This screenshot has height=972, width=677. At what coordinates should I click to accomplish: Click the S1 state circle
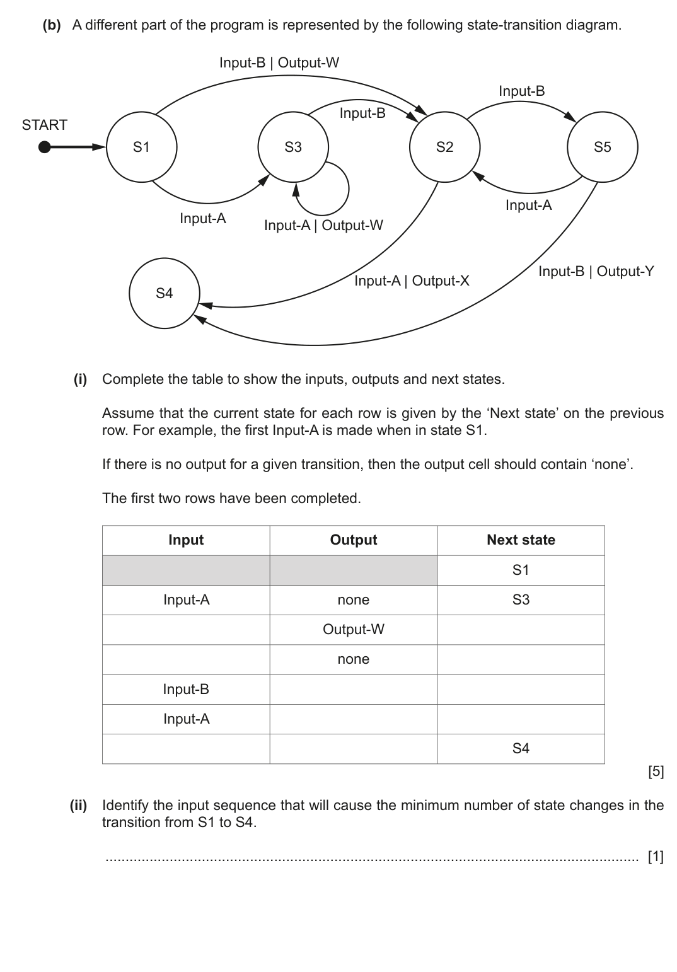(x=141, y=148)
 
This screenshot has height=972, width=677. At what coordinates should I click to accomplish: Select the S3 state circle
(x=293, y=148)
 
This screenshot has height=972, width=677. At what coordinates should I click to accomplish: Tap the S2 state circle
(x=444, y=148)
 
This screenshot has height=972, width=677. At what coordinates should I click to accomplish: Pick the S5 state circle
(x=602, y=148)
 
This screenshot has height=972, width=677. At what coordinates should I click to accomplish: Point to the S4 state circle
(x=164, y=293)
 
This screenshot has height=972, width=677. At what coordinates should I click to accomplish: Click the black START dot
(x=44, y=148)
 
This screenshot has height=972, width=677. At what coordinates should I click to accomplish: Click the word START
(x=44, y=125)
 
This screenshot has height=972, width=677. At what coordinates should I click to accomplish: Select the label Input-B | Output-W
(x=279, y=62)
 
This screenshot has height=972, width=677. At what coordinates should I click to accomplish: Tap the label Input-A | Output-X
(x=412, y=281)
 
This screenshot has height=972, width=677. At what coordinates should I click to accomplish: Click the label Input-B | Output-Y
(x=596, y=271)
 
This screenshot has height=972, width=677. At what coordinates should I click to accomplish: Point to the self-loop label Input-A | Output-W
(x=323, y=225)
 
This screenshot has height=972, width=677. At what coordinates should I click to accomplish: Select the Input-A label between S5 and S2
(x=528, y=205)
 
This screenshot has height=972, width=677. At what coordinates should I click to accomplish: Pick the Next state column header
(x=521, y=540)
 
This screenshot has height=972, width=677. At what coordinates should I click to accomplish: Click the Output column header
(x=353, y=540)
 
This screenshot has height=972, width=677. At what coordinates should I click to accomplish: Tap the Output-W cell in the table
(x=353, y=629)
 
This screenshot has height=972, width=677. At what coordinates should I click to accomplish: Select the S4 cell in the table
(x=521, y=748)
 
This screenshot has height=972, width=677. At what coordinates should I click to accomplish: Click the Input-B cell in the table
(x=186, y=689)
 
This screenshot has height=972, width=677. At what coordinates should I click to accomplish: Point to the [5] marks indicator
(x=656, y=771)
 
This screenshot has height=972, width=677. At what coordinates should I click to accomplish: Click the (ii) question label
(x=78, y=805)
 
